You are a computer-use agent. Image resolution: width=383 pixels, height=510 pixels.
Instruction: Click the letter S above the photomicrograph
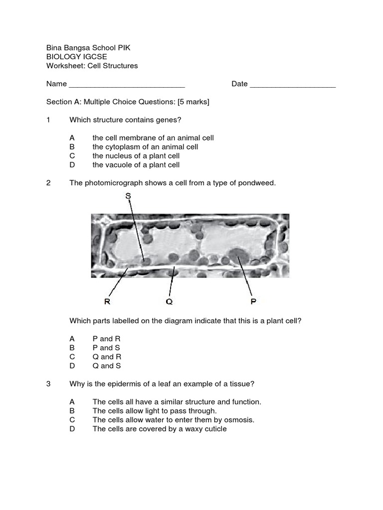pyautogui.click(x=128, y=196)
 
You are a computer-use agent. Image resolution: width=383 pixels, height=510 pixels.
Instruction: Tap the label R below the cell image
pyautogui.click(x=107, y=301)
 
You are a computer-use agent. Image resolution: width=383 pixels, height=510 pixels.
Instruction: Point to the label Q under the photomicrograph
pyautogui.click(x=169, y=301)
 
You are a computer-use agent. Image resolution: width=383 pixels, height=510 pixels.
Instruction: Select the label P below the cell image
pyautogui.click(x=253, y=301)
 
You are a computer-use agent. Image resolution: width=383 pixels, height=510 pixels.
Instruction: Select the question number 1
pyautogui.click(x=48, y=120)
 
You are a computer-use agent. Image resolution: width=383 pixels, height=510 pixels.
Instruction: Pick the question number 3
pyautogui.click(x=48, y=383)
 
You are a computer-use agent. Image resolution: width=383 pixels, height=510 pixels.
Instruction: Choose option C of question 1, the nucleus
pyautogui.click(x=136, y=156)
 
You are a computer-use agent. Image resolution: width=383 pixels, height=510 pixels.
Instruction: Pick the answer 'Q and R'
pyautogui.click(x=107, y=357)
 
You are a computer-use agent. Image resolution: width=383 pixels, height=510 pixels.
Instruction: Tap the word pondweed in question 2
pyautogui.click(x=257, y=183)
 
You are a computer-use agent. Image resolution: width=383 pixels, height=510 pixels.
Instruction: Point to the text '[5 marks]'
pyautogui.click(x=193, y=102)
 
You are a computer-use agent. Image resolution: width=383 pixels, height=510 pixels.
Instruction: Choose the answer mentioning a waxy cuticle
pyautogui.click(x=160, y=429)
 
